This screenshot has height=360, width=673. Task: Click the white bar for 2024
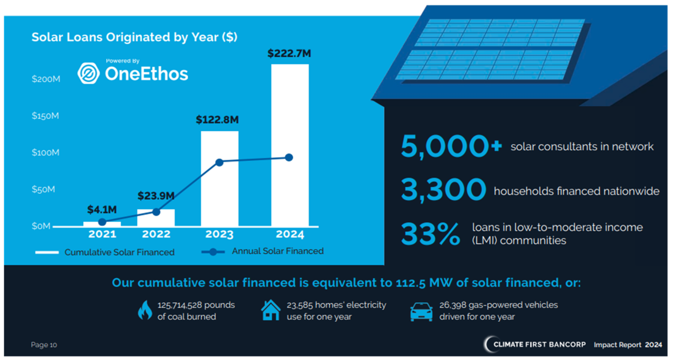coord(290,145)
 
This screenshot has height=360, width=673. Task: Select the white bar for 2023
coord(220,179)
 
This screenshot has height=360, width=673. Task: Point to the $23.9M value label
coord(156,196)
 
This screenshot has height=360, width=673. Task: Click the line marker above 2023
coord(220,162)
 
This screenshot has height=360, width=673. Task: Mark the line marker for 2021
coord(102,222)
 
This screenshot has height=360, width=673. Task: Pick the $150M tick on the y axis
coord(45,116)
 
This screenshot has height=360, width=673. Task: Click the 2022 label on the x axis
coord(156,234)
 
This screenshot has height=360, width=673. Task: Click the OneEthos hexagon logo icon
coord(89,74)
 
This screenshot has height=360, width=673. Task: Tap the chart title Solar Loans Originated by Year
coord(135,37)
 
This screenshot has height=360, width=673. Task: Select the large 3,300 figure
coord(443,190)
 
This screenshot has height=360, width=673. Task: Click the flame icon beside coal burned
coord(145,311)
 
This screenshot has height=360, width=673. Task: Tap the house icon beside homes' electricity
coord(271,311)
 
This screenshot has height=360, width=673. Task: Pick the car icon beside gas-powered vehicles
coord(421,311)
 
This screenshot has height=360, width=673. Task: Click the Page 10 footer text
coord(44,345)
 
